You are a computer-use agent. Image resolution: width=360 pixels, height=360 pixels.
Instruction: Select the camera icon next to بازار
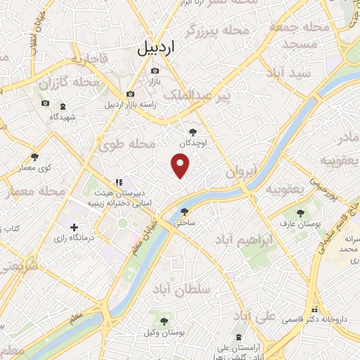pyautogui.click(x=155, y=70)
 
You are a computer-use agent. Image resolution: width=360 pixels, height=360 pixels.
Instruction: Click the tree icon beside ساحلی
pyautogui.click(x=184, y=211)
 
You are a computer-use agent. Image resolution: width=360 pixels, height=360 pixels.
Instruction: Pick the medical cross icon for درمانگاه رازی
pyautogui.click(x=75, y=227)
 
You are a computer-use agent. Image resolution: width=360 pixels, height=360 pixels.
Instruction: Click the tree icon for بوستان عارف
pyautogui.click(x=300, y=211)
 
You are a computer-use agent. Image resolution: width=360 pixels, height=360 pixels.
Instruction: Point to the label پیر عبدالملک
pyautogui.click(x=195, y=94)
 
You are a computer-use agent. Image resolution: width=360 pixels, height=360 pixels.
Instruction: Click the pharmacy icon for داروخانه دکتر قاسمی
pyautogui.click(x=315, y=309)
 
